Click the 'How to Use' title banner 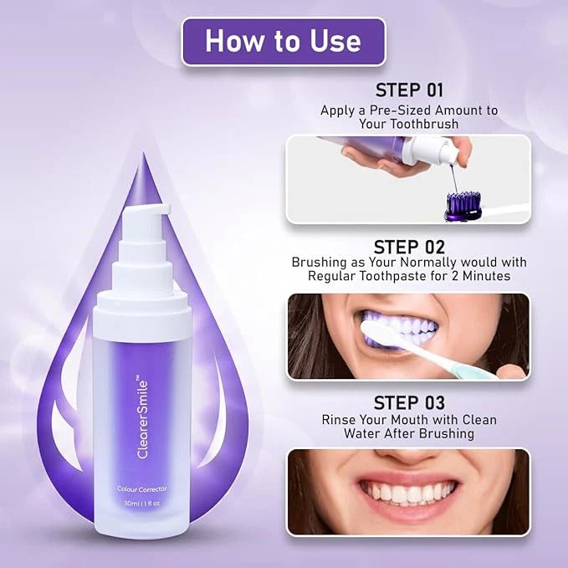click(283, 41)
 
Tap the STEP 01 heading click(409, 90)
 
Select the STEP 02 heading click(409, 247)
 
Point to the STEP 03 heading click(409, 402)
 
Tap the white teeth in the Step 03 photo click(408, 493)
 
